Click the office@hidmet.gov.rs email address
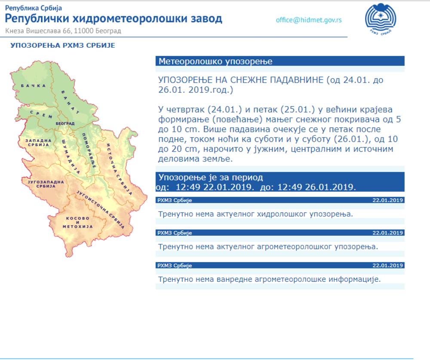pyautogui.click(x=309, y=20)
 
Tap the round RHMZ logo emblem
pyautogui.click(x=381, y=18)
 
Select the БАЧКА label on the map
pyautogui.click(x=33, y=86)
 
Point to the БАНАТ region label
pyautogui.click(x=71, y=102)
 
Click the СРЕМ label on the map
pyautogui.click(x=41, y=114)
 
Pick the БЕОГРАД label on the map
pyautogui.click(x=65, y=124)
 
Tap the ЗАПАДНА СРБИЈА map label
pyautogui.click(x=38, y=143)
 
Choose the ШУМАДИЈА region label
pyautogui.click(x=71, y=156)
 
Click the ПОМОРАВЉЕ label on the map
pyautogui.click(x=89, y=150)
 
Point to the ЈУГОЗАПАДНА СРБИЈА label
pyautogui.click(x=46, y=184)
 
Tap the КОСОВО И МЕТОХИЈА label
pyautogui.click(x=77, y=223)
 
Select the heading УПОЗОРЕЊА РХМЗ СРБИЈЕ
pyautogui.click(x=63, y=46)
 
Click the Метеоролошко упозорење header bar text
pyautogui.click(x=215, y=61)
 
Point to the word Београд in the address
pyautogui.click(x=108, y=31)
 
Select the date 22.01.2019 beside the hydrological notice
pyautogui.click(x=387, y=200)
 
